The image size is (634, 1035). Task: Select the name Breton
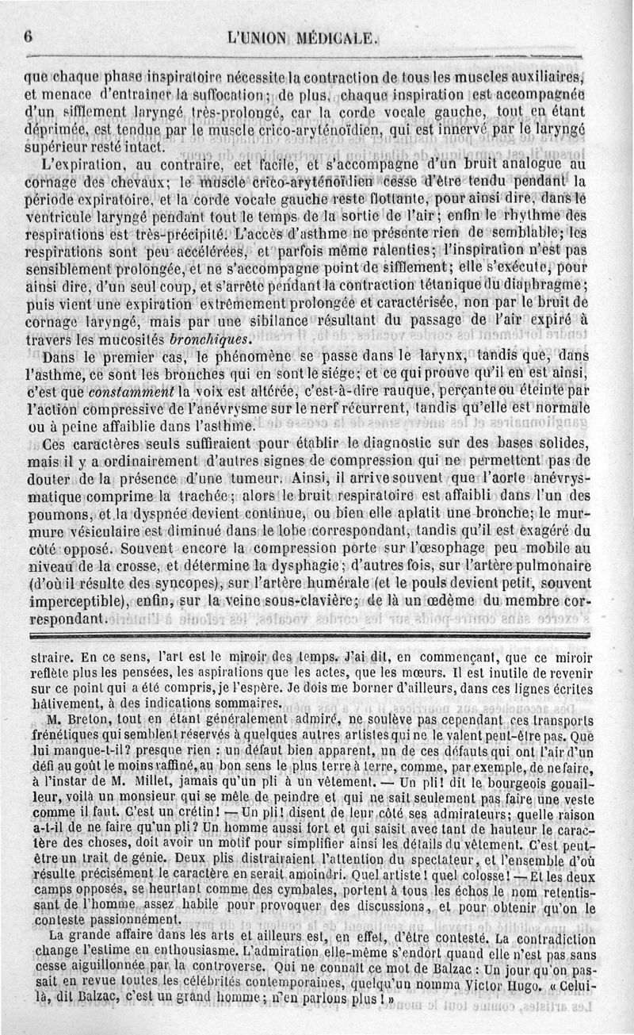85,719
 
